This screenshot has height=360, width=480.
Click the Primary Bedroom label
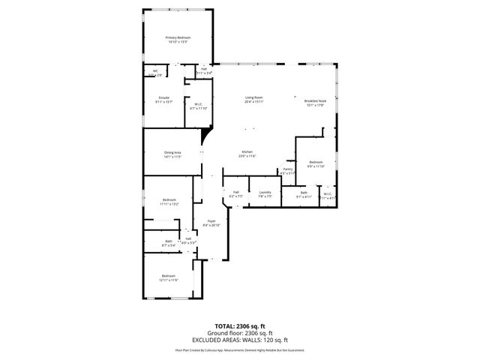pyautogui.click(x=178, y=37)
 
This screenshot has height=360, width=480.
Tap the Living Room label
pyautogui.click(x=253, y=97)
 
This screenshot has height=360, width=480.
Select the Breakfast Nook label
pyautogui.click(x=315, y=100)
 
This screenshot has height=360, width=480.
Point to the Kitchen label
pyautogui.click(x=247, y=151)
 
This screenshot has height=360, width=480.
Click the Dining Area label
pyautogui.click(x=173, y=152)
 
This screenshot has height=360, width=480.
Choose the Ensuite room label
pyautogui.click(x=163, y=97)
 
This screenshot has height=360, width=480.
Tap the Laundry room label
pyautogui.click(x=265, y=192)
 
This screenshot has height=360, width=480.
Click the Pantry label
pyautogui.click(x=287, y=169)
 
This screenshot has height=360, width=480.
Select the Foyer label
pyautogui.click(x=211, y=221)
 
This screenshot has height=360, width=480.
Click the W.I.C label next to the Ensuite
pyautogui.click(x=198, y=104)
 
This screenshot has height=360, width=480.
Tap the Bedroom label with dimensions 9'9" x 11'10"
pyautogui.click(x=316, y=162)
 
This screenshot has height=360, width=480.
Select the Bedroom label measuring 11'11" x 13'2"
pyautogui.click(x=169, y=199)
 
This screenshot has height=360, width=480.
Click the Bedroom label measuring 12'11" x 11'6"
pyautogui.click(x=168, y=276)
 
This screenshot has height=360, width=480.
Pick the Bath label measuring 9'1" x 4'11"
pyautogui.click(x=304, y=193)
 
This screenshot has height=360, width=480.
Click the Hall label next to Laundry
pyautogui.click(x=235, y=192)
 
